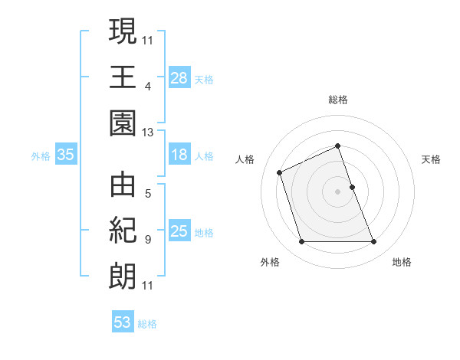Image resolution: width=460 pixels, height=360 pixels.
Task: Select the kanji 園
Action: tap(123, 123)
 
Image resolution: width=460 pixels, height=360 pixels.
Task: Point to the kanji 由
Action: tap(123, 186)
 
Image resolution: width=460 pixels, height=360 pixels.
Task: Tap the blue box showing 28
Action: tap(179, 77)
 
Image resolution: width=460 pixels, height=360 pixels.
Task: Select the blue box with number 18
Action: tap(179, 155)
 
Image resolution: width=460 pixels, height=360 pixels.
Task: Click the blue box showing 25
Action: tap(179, 231)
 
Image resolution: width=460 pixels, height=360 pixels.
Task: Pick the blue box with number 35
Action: tap(66, 155)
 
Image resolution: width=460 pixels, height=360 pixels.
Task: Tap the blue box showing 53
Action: tap(123, 322)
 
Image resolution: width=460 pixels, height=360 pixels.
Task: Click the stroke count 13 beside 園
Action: tap(147, 133)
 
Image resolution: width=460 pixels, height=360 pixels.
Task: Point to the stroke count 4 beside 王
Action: tap(147, 86)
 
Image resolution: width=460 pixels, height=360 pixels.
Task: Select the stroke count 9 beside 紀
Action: tap(147, 240)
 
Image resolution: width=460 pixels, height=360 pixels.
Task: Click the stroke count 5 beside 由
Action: tap(147, 194)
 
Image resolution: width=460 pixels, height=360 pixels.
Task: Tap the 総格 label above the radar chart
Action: tap(338, 100)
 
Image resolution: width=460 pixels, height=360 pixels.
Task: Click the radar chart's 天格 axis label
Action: tap(431, 159)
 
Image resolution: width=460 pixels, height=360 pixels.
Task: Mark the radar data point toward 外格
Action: tap(301, 242)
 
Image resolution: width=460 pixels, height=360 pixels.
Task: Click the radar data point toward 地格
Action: tap(374, 242)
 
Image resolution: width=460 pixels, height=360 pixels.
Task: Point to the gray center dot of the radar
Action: tap(338, 191)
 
